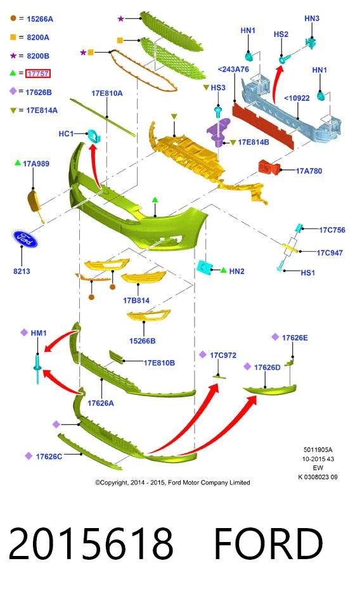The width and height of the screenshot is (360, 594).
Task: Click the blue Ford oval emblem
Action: (x=25, y=238)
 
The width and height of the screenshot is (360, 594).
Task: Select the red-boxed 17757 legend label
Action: (x=38, y=74)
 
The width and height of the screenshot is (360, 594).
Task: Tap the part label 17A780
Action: (x=309, y=171)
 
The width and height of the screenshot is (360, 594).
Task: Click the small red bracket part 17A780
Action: (x=269, y=167)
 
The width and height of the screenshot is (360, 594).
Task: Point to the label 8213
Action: (x=22, y=271)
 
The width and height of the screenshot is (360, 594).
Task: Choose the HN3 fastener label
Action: (x=312, y=18)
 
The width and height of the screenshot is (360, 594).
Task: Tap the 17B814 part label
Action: (x=136, y=300)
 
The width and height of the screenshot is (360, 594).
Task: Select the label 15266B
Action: (x=143, y=341)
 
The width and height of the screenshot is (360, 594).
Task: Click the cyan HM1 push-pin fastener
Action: (x=37, y=368)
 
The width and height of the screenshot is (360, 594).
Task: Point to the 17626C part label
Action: (x=49, y=456)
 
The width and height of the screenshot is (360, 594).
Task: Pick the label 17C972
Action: (x=223, y=355)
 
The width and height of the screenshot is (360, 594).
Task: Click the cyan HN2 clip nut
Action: (x=205, y=268)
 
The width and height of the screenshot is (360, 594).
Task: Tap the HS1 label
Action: (x=308, y=273)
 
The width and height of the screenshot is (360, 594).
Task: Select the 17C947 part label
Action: (x=330, y=253)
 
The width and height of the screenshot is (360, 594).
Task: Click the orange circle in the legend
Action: (x=13, y=18)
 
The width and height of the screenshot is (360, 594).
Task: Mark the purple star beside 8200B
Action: (x=13, y=56)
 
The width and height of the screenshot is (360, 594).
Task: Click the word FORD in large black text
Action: (x=268, y=544)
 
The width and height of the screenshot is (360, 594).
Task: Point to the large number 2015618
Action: (x=91, y=544)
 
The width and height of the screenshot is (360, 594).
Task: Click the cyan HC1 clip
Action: (x=94, y=136)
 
